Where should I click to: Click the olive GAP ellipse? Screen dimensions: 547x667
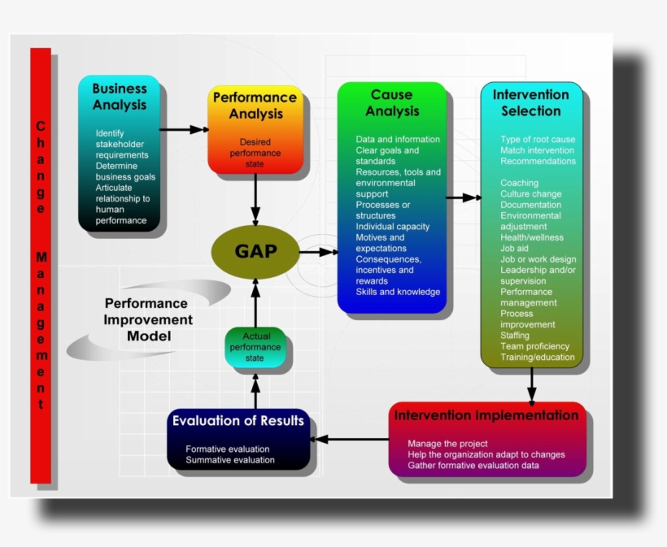pyautogui.click(x=255, y=251)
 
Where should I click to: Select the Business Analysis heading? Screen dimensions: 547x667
pyautogui.click(x=120, y=97)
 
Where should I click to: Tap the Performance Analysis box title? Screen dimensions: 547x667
pyautogui.click(x=255, y=106)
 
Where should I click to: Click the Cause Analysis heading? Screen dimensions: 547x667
pyautogui.click(x=391, y=103)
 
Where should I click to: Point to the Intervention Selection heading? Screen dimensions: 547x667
pyautogui.click(x=530, y=103)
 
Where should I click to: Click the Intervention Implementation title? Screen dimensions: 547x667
pyautogui.click(x=486, y=415)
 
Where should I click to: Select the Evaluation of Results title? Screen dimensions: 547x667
pyautogui.click(x=238, y=421)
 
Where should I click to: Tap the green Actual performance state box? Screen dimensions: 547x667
pyautogui.click(x=255, y=347)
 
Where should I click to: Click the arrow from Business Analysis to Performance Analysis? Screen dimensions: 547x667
pyautogui.click(x=183, y=129)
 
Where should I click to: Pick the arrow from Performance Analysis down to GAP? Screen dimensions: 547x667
pyautogui.click(x=255, y=199)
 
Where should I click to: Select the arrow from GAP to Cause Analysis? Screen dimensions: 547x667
pyautogui.click(x=319, y=252)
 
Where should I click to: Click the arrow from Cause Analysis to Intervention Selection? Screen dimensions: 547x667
pyautogui.click(x=463, y=198)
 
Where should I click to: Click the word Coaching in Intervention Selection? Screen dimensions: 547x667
pyautogui.click(x=519, y=184)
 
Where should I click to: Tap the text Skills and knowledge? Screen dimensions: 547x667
pyautogui.click(x=398, y=292)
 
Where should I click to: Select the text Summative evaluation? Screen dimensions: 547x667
pyautogui.click(x=230, y=460)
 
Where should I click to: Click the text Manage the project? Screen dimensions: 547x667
pyautogui.click(x=448, y=444)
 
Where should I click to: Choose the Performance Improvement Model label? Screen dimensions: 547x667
pyautogui.click(x=148, y=319)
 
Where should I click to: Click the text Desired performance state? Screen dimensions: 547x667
pyautogui.click(x=255, y=153)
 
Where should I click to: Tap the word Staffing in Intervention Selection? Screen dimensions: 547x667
pyautogui.click(x=515, y=335)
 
